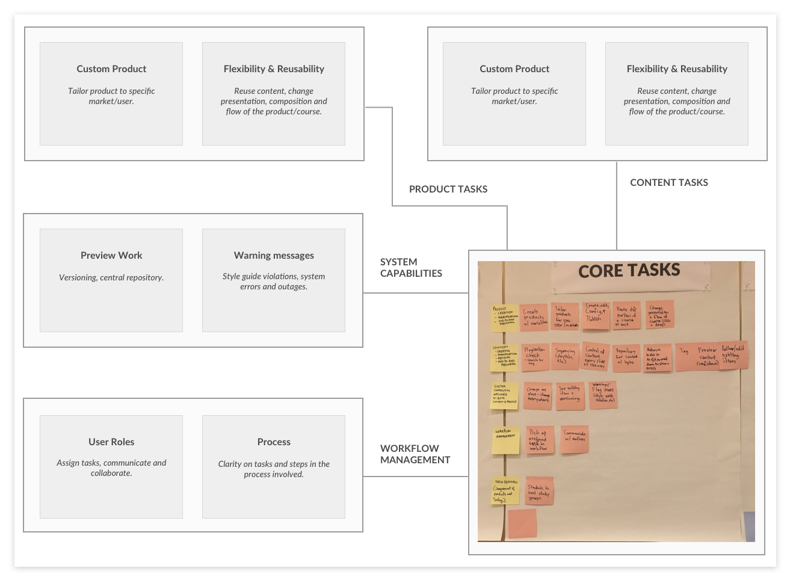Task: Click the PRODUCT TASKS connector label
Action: tap(448, 189)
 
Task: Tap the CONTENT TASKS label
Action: tap(668, 182)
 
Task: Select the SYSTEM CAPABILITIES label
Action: tap(411, 267)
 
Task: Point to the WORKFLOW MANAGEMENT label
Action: tap(415, 454)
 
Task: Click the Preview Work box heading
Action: tap(111, 255)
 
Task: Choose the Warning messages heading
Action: tap(274, 255)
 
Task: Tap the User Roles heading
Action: tap(111, 442)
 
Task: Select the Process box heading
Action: tap(274, 442)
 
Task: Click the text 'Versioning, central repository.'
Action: tap(111, 277)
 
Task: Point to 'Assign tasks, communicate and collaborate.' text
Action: tap(111, 467)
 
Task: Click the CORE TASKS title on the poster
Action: tap(629, 271)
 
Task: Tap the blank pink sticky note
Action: tap(522, 523)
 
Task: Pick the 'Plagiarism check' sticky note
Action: tap(534, 356)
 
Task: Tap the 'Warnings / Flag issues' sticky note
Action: tap(603, 394)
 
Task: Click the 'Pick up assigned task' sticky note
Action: tap(538, 440)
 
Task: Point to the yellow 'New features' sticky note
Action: tap(504, 491)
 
